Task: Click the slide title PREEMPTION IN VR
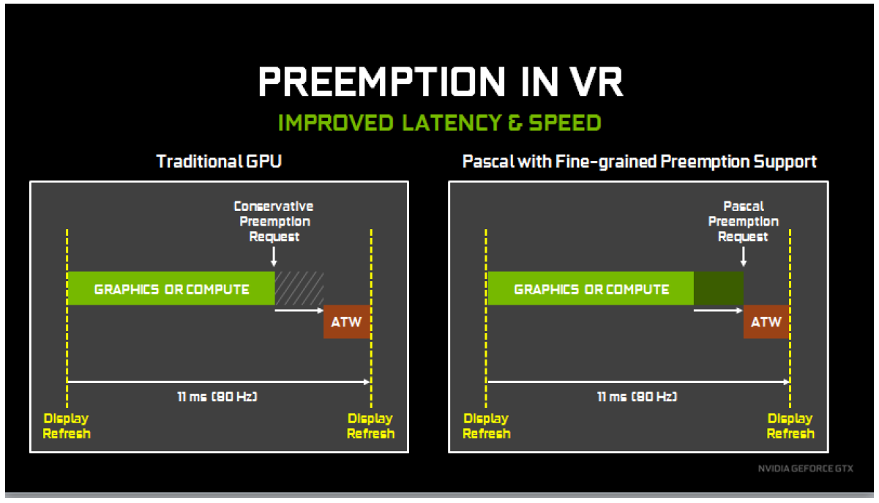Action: (x=441, y=82)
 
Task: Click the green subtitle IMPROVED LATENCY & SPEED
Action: (x=439, y=123)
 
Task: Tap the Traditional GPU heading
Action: (x=219, y=161)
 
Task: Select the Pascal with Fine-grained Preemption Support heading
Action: (x=639, y=162)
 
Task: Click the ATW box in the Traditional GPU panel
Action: (x=347, y=322)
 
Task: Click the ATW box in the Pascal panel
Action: (x=766, y=322)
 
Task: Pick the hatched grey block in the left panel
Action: (x=299, y=288)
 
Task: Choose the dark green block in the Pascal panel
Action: (x=719, y=288)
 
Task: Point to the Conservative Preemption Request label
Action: (x=274, y=221)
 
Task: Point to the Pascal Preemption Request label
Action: (x=743, y=221)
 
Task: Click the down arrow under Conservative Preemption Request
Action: (x=274, y=257)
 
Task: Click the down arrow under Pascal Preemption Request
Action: (x=743, y=257)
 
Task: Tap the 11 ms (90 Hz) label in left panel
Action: (x=217, y=397)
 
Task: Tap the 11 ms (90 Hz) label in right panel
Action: (x=637, y=397)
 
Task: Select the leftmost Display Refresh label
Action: (x=67, y=426)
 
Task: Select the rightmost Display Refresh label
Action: (x=790, y=426)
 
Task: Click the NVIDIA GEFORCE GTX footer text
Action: (x=806, y=469)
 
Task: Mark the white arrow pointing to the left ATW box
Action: (x=299, y=310)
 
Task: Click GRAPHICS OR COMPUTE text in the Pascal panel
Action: (x=592, y=290)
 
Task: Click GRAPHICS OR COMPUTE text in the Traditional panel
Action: (x=172, y=290)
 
